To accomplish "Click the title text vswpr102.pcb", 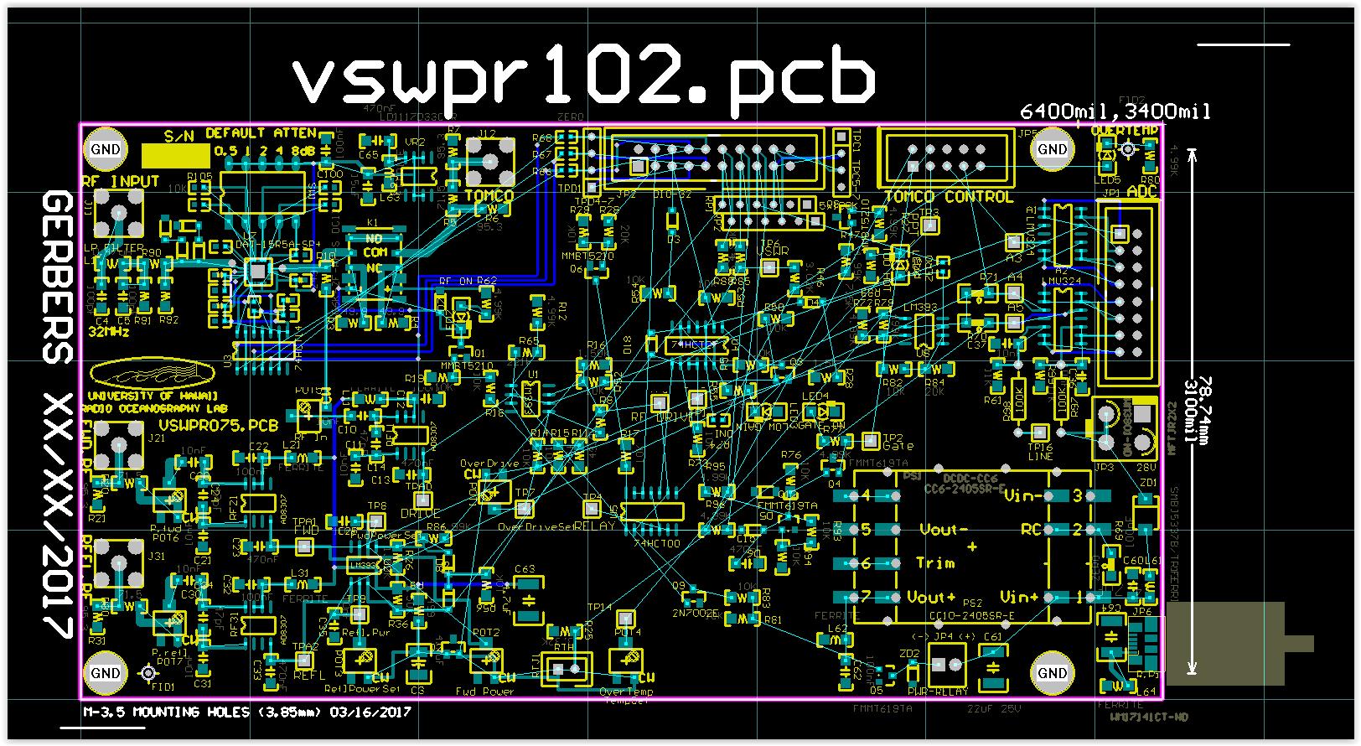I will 583,77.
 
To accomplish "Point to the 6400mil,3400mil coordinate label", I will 1115,111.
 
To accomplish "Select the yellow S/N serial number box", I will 175,154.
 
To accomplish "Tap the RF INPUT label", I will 121,181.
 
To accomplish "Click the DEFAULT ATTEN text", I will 261,133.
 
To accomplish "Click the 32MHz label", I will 109,332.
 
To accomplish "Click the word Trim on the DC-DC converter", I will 934,562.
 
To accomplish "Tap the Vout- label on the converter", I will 938,530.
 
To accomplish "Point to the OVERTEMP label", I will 1124,131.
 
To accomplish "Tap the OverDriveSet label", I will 535,527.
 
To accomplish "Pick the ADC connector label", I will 1141,191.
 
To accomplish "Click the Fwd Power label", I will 484,692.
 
